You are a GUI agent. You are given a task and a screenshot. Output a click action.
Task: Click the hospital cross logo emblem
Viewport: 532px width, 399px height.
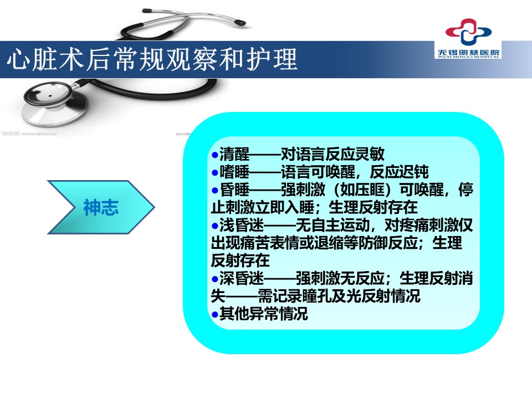[x=468, y=32]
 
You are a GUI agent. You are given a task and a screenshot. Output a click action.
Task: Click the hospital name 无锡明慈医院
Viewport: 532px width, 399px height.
[x=469, y=53]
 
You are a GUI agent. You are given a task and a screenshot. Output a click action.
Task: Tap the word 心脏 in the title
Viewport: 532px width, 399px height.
[x=32, y=60]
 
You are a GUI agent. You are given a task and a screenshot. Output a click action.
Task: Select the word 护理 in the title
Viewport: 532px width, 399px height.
[x=272, y=60]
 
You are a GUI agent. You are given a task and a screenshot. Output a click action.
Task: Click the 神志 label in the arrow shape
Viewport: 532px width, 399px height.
[x=101, y=207]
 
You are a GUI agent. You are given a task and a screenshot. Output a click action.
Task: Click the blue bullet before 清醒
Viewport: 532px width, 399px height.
[x=214, y=155]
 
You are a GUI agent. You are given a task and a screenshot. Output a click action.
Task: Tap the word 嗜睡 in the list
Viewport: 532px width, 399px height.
[x=234, y=172]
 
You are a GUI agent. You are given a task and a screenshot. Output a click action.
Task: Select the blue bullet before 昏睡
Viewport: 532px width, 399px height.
[x=214, y=190]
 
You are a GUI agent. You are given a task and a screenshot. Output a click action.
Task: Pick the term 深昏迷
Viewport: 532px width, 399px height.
[x=242, y=278]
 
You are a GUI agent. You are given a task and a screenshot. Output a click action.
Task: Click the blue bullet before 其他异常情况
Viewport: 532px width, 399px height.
[x=214, y=314]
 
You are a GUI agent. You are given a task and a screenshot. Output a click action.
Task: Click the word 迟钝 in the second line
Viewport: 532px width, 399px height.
[x=414, y=172]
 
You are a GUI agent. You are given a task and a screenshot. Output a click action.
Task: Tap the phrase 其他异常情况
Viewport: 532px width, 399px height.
[x=264, y=314]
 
